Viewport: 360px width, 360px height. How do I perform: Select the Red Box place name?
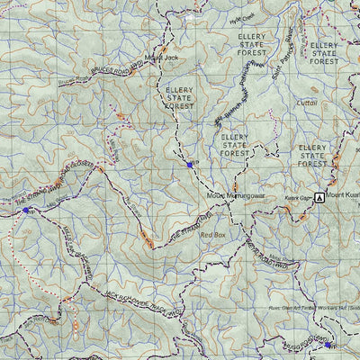[x=212, y=234]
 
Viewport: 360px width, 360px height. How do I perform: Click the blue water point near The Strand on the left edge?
[x=27, y=210]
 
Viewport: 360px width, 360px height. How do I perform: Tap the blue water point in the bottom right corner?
[x=327, y=344]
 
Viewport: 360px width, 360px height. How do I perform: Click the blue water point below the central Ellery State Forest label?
[x=190, y=164]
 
